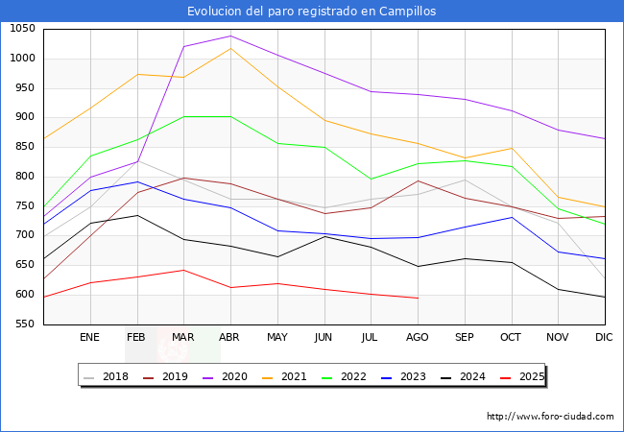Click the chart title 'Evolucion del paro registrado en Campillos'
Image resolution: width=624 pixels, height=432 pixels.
(312, 12)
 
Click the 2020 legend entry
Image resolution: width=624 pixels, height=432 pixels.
(237, 376)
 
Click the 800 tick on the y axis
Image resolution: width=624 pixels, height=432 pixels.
(24, 177)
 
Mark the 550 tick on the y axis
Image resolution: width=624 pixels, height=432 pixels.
(24, 324)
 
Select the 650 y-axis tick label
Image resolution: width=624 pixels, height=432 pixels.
(24, 265)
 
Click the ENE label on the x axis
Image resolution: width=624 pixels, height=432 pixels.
(89, 337)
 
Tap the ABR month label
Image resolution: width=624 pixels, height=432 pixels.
(230, 337)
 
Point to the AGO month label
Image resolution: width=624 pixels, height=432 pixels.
(418, 337)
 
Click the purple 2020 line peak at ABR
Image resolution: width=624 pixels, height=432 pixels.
(230, 36)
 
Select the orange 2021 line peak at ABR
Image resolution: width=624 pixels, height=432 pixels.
(230, 48)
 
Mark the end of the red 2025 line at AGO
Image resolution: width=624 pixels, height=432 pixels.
(418, 298)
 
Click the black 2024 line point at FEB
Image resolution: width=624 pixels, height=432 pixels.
(136, 215)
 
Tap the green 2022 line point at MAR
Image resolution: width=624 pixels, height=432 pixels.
(183, 117)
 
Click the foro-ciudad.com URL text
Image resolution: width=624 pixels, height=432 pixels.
(550, 417)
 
